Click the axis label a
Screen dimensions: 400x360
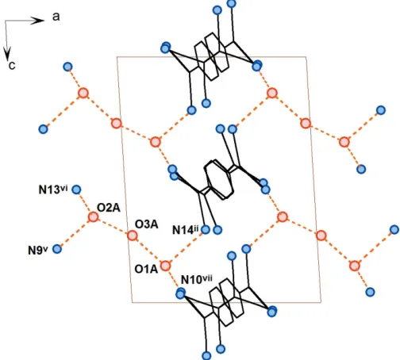click(56, 17)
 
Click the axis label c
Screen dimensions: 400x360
click(12, 65)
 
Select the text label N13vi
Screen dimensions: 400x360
click(53, 190)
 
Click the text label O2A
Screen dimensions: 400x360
click(109, 208)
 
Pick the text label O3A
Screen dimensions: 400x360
click(147, 224)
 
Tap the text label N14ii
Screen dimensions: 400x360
click(186, 230)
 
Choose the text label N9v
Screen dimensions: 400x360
click(38, 251)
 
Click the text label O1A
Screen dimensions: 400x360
click(146, 269)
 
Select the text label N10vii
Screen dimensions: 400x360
click(196, 279)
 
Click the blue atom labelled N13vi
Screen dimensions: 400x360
click(76, 190)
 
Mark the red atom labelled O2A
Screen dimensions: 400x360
click(93, 217)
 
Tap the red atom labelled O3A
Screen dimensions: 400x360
click(133, 236)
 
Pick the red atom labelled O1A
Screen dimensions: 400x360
click(166, 266)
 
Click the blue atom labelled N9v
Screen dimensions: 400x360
click(57, 249)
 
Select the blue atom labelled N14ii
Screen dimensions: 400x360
click(206, 230)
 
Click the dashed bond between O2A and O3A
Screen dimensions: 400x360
click(113, 226)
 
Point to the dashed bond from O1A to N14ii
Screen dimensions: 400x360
click(186, 247)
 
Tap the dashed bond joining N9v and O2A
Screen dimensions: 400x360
click(75, 233)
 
